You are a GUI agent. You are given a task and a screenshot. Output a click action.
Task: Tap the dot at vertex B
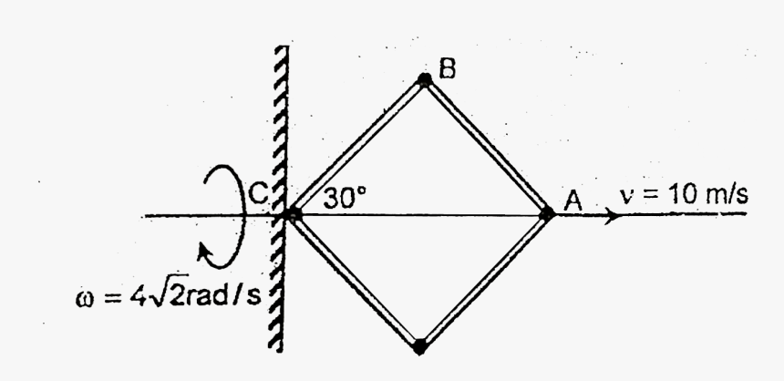[424, 80]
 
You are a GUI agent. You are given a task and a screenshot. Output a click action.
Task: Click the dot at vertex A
[547, 214]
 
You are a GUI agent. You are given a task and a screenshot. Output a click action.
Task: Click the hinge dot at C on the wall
[293, 215]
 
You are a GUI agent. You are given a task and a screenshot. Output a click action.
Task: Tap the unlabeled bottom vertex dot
[419, 345]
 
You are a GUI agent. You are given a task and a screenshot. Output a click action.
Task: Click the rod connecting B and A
[486, 147]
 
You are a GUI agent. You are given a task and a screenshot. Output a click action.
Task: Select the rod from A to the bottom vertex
[483, 280]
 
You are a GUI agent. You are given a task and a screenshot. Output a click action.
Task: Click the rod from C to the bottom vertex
[356, 280]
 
